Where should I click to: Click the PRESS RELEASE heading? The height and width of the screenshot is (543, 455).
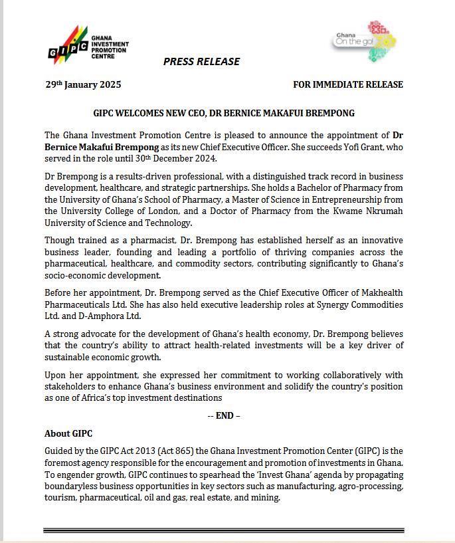(x=201, y=62)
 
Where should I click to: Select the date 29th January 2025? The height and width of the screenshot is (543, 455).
(x=83, y=85)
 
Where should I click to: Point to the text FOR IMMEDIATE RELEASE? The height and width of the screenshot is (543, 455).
(x=347, y=85)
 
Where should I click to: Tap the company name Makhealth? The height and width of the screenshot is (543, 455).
(x=377, y=293)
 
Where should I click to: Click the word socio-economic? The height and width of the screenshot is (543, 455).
(x=74, y=274)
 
